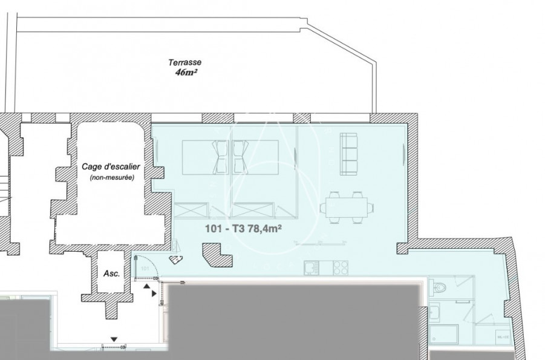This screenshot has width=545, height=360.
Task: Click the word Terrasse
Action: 185,62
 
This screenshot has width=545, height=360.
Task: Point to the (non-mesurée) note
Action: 110,177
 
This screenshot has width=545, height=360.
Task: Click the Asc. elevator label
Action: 112,273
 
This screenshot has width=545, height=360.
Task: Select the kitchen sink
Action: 310,267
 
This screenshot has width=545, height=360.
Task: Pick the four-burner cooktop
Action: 340,266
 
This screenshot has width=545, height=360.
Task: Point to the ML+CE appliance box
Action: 501,337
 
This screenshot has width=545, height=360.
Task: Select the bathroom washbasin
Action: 435,313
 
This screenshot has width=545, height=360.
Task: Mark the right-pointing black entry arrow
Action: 155,293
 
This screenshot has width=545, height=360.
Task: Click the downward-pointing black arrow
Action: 113,338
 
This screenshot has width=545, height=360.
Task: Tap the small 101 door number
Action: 145,267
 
